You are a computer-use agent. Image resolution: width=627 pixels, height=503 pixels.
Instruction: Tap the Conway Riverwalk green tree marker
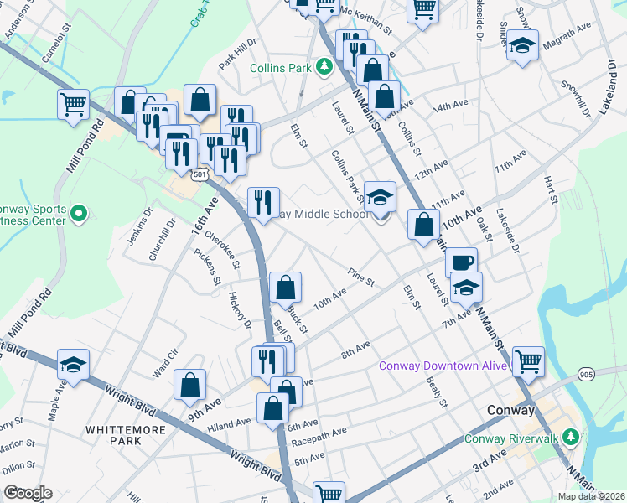(570, 437)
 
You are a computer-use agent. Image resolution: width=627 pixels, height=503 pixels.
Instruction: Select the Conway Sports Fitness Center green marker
(78, 214)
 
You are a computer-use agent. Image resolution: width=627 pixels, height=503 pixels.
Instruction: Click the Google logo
(28, 493)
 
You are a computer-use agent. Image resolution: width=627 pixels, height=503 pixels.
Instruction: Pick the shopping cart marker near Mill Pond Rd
(74, 105)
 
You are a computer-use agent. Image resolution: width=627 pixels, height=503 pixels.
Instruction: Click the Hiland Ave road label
(231, 426)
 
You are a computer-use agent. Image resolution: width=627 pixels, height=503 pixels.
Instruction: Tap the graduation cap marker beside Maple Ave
(73, 364)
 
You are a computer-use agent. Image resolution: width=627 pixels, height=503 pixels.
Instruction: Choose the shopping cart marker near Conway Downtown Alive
(528, 361)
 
